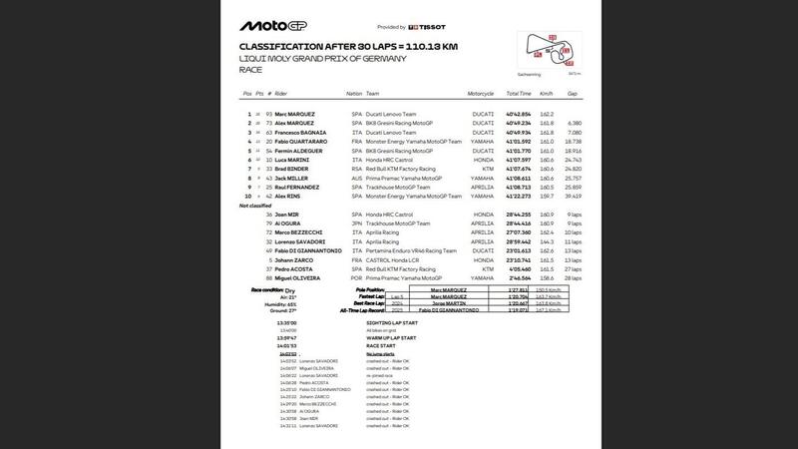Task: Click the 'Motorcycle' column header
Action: (482, 93)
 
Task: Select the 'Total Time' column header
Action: (519, 93)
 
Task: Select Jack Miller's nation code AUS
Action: (353, 178)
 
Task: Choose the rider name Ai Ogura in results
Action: (288, 224)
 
